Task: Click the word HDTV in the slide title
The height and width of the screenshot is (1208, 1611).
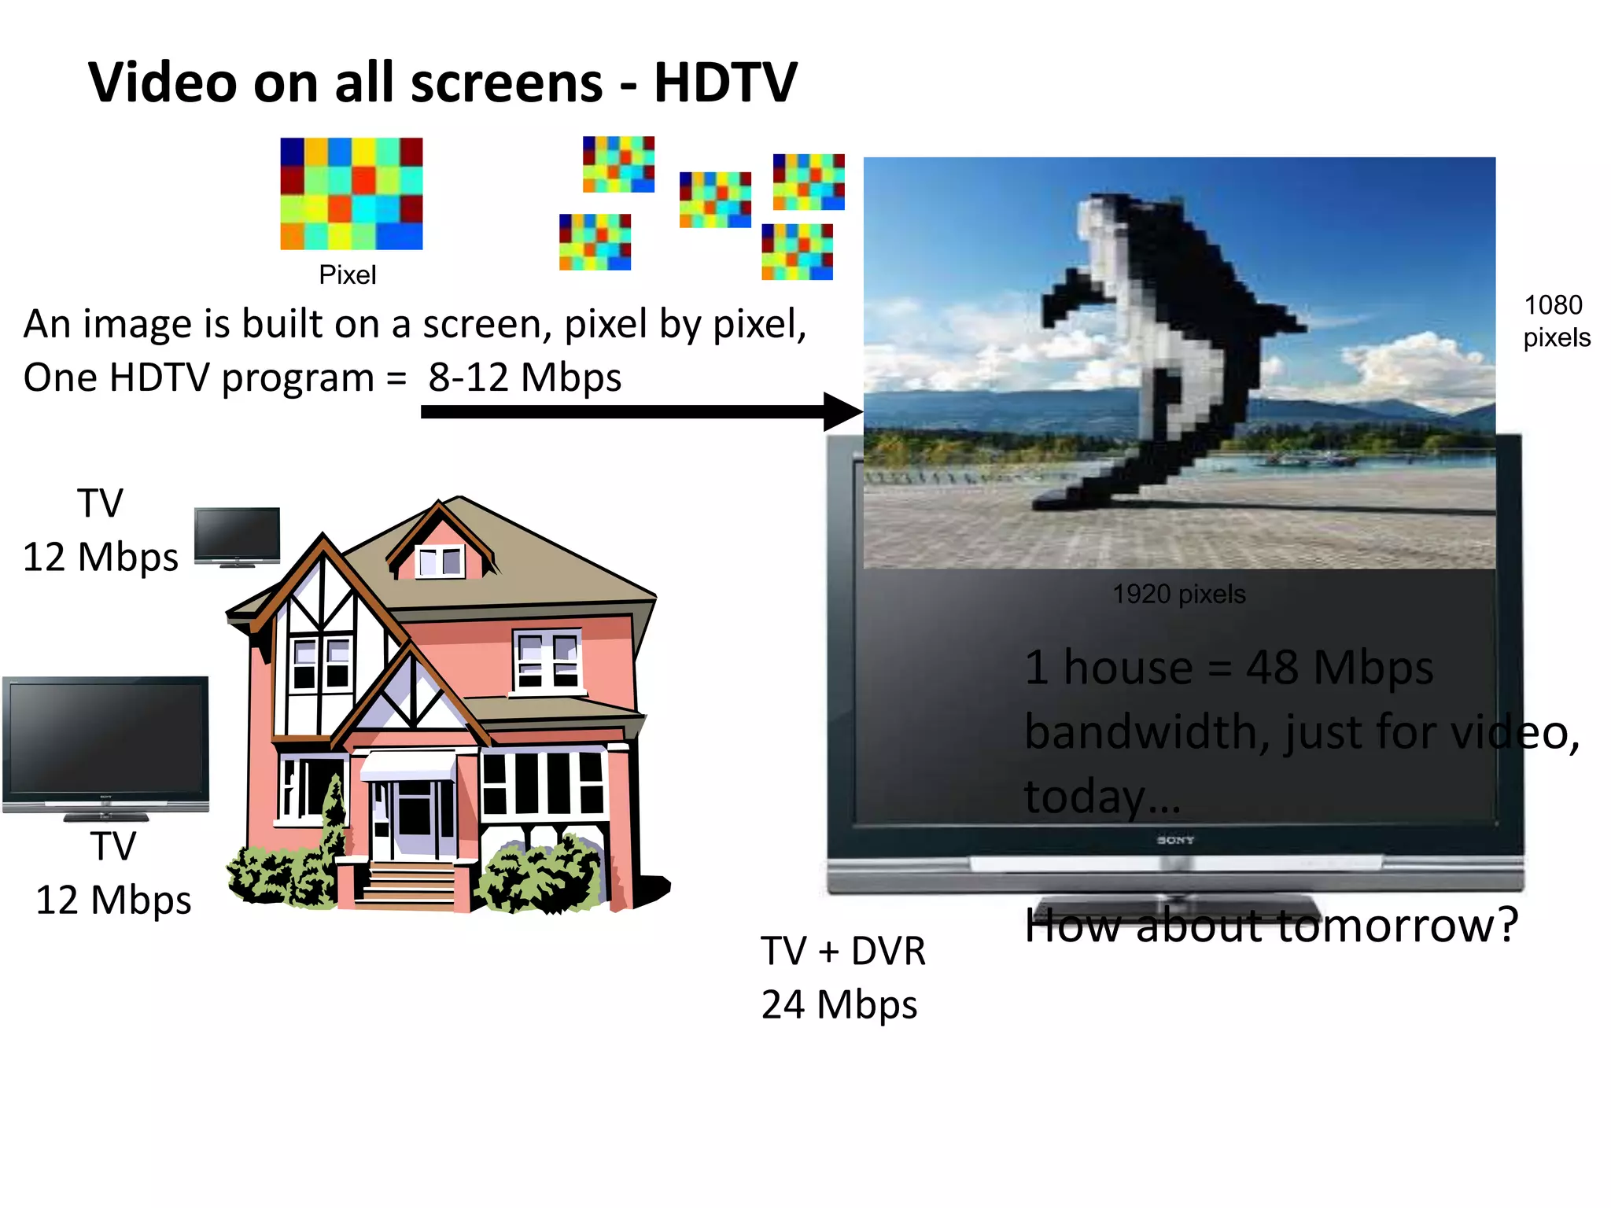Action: [x=725, y=83]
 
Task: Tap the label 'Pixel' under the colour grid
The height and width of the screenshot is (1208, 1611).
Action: [x=347, y=275]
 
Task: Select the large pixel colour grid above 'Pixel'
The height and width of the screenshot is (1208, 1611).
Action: [x=352, y=193]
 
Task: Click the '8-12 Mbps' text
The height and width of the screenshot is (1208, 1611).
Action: [x=525, y=377]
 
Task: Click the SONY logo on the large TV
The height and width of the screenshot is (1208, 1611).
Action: [x=1175, y=840]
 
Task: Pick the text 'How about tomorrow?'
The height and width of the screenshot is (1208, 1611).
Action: [x=1270, y=925]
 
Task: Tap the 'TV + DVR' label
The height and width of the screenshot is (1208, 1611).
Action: [x=842, y=951]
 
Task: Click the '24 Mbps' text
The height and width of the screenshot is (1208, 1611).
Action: [x=839, y=1005]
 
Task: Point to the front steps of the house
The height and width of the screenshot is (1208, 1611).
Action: [x=408, y=885]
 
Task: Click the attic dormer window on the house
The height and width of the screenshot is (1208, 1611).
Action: [x=441, y=560]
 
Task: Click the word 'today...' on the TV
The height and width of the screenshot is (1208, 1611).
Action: [x=1102, y=796]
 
